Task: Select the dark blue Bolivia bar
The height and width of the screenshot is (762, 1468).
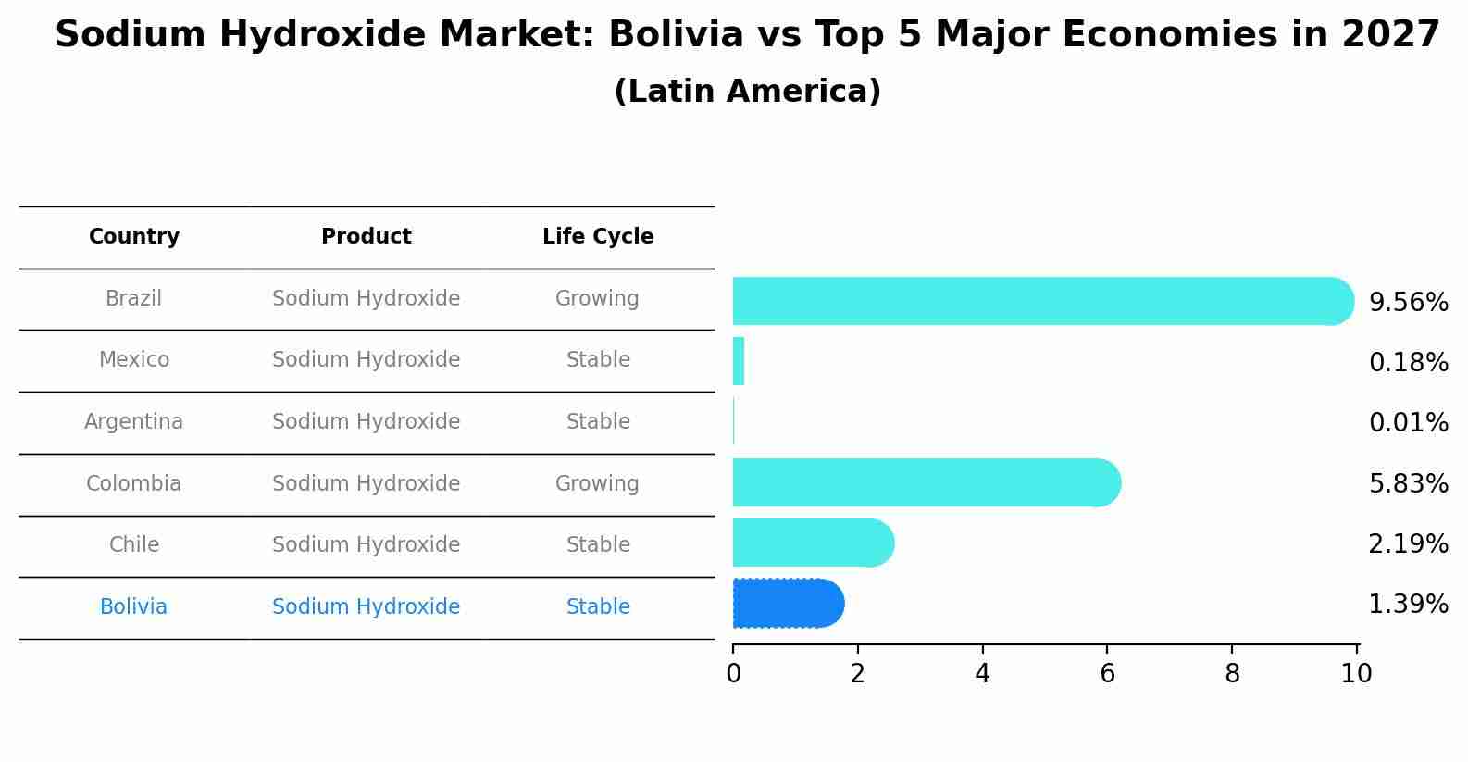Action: pos(787,604)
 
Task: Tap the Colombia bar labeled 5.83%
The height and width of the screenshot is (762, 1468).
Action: pos(926,482)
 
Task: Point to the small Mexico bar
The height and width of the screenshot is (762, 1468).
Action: pos(739,361)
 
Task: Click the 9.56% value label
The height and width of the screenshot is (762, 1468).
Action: pos(1408,303)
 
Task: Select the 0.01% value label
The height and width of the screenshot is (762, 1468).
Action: pos(1408,423)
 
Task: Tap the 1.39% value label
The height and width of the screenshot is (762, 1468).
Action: pos(1408,605)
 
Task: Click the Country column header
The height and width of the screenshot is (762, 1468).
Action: pos(134,237)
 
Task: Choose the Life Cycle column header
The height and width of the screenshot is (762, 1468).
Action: pos(598,237)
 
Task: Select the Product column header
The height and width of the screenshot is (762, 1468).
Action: pos(367,237)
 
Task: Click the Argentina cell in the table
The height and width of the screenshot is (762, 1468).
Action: pos(134,422)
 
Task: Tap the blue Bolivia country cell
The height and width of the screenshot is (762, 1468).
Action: pos(134,607)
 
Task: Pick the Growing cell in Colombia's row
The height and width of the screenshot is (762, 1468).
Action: pos(597,484)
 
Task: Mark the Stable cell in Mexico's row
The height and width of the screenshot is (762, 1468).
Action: pos(598,360)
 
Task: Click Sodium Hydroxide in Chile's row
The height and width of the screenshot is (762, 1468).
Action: pos(367,545)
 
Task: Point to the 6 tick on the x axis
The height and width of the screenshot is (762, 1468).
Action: pos(1107,674)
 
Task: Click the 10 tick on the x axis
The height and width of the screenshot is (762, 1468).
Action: pos(1357,674)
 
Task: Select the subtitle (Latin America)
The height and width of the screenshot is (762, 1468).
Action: pos(747,92)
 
